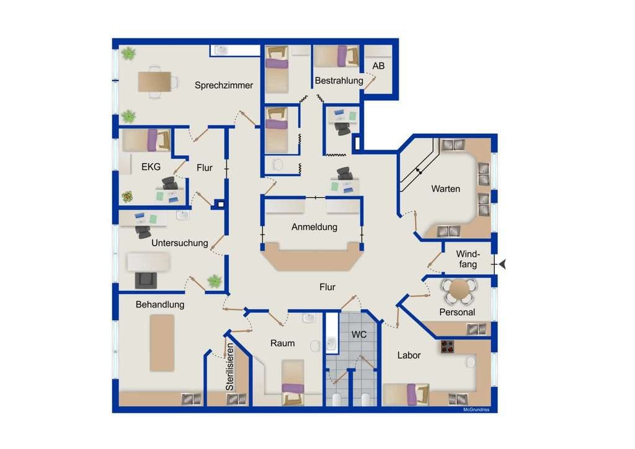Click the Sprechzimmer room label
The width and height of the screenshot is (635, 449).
[x=223, y=85]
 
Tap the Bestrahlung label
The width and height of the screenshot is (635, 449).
[x=339, y=81]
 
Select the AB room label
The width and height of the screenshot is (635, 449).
[x=378, y=66]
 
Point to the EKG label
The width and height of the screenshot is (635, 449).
[x=151, y=166]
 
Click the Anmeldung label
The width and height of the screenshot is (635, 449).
[x=314, y=227]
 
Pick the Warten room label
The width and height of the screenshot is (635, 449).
[x=445, y=189]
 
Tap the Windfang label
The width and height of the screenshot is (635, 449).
[x=468, y=259]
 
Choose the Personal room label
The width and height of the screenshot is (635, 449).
[x=457, y=312]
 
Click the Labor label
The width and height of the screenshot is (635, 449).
[x=409, y=355]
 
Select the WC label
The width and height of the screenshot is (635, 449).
[x=359, y=334]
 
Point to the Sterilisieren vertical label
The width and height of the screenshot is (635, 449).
[x=229, y=367]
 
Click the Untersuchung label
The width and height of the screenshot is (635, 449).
[x=179, y=243]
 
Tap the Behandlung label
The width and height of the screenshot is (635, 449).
[x=160, y=305]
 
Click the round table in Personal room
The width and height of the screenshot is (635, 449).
[x=460, y=290]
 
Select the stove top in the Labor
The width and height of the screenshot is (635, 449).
[x=447, y=347]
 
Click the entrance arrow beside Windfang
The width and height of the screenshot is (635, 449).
[x=502, y=264]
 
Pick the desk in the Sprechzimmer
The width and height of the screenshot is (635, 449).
[x=154, y=82]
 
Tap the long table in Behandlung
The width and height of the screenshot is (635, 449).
[x=162, y=343]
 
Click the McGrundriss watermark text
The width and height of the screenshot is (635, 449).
[x=476, y=410]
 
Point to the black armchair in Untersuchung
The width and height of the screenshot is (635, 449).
[x=146, y=280]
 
